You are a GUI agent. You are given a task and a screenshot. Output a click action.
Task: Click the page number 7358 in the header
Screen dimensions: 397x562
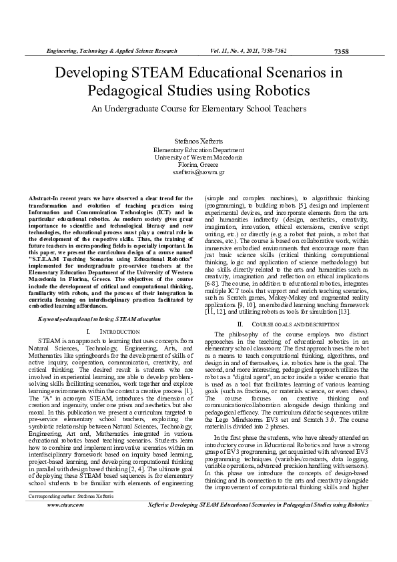coord(340,51)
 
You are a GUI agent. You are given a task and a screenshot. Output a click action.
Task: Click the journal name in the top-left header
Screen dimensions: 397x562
coord(111,51)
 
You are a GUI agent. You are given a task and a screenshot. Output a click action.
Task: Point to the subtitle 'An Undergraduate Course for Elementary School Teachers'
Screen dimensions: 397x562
coord(198,108)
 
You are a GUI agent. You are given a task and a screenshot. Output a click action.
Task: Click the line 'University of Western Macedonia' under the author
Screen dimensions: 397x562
coord(198,158)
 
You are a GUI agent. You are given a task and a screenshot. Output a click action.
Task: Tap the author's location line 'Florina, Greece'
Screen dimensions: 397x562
coord(198,166)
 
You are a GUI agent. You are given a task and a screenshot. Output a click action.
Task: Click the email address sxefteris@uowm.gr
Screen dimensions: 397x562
coord(198,173)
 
